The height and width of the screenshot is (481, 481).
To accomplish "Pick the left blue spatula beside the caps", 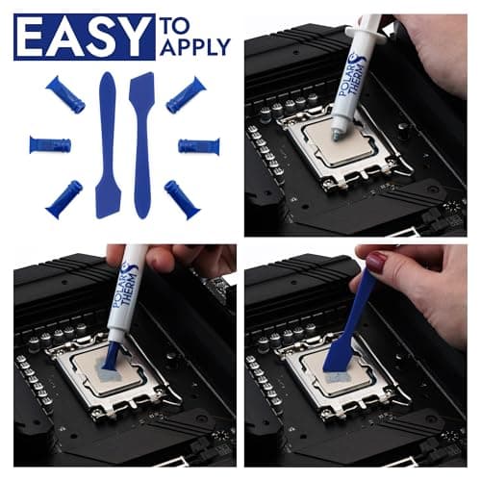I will (107, 144).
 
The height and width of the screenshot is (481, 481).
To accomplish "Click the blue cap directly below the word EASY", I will (64, 95).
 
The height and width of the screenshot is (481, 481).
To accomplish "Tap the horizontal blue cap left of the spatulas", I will (50, 145).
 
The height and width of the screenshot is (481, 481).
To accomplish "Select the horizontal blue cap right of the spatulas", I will (199, 146).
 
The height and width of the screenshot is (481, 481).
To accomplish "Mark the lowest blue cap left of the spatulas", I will (63, 198).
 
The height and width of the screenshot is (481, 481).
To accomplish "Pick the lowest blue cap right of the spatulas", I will (182, 199).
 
